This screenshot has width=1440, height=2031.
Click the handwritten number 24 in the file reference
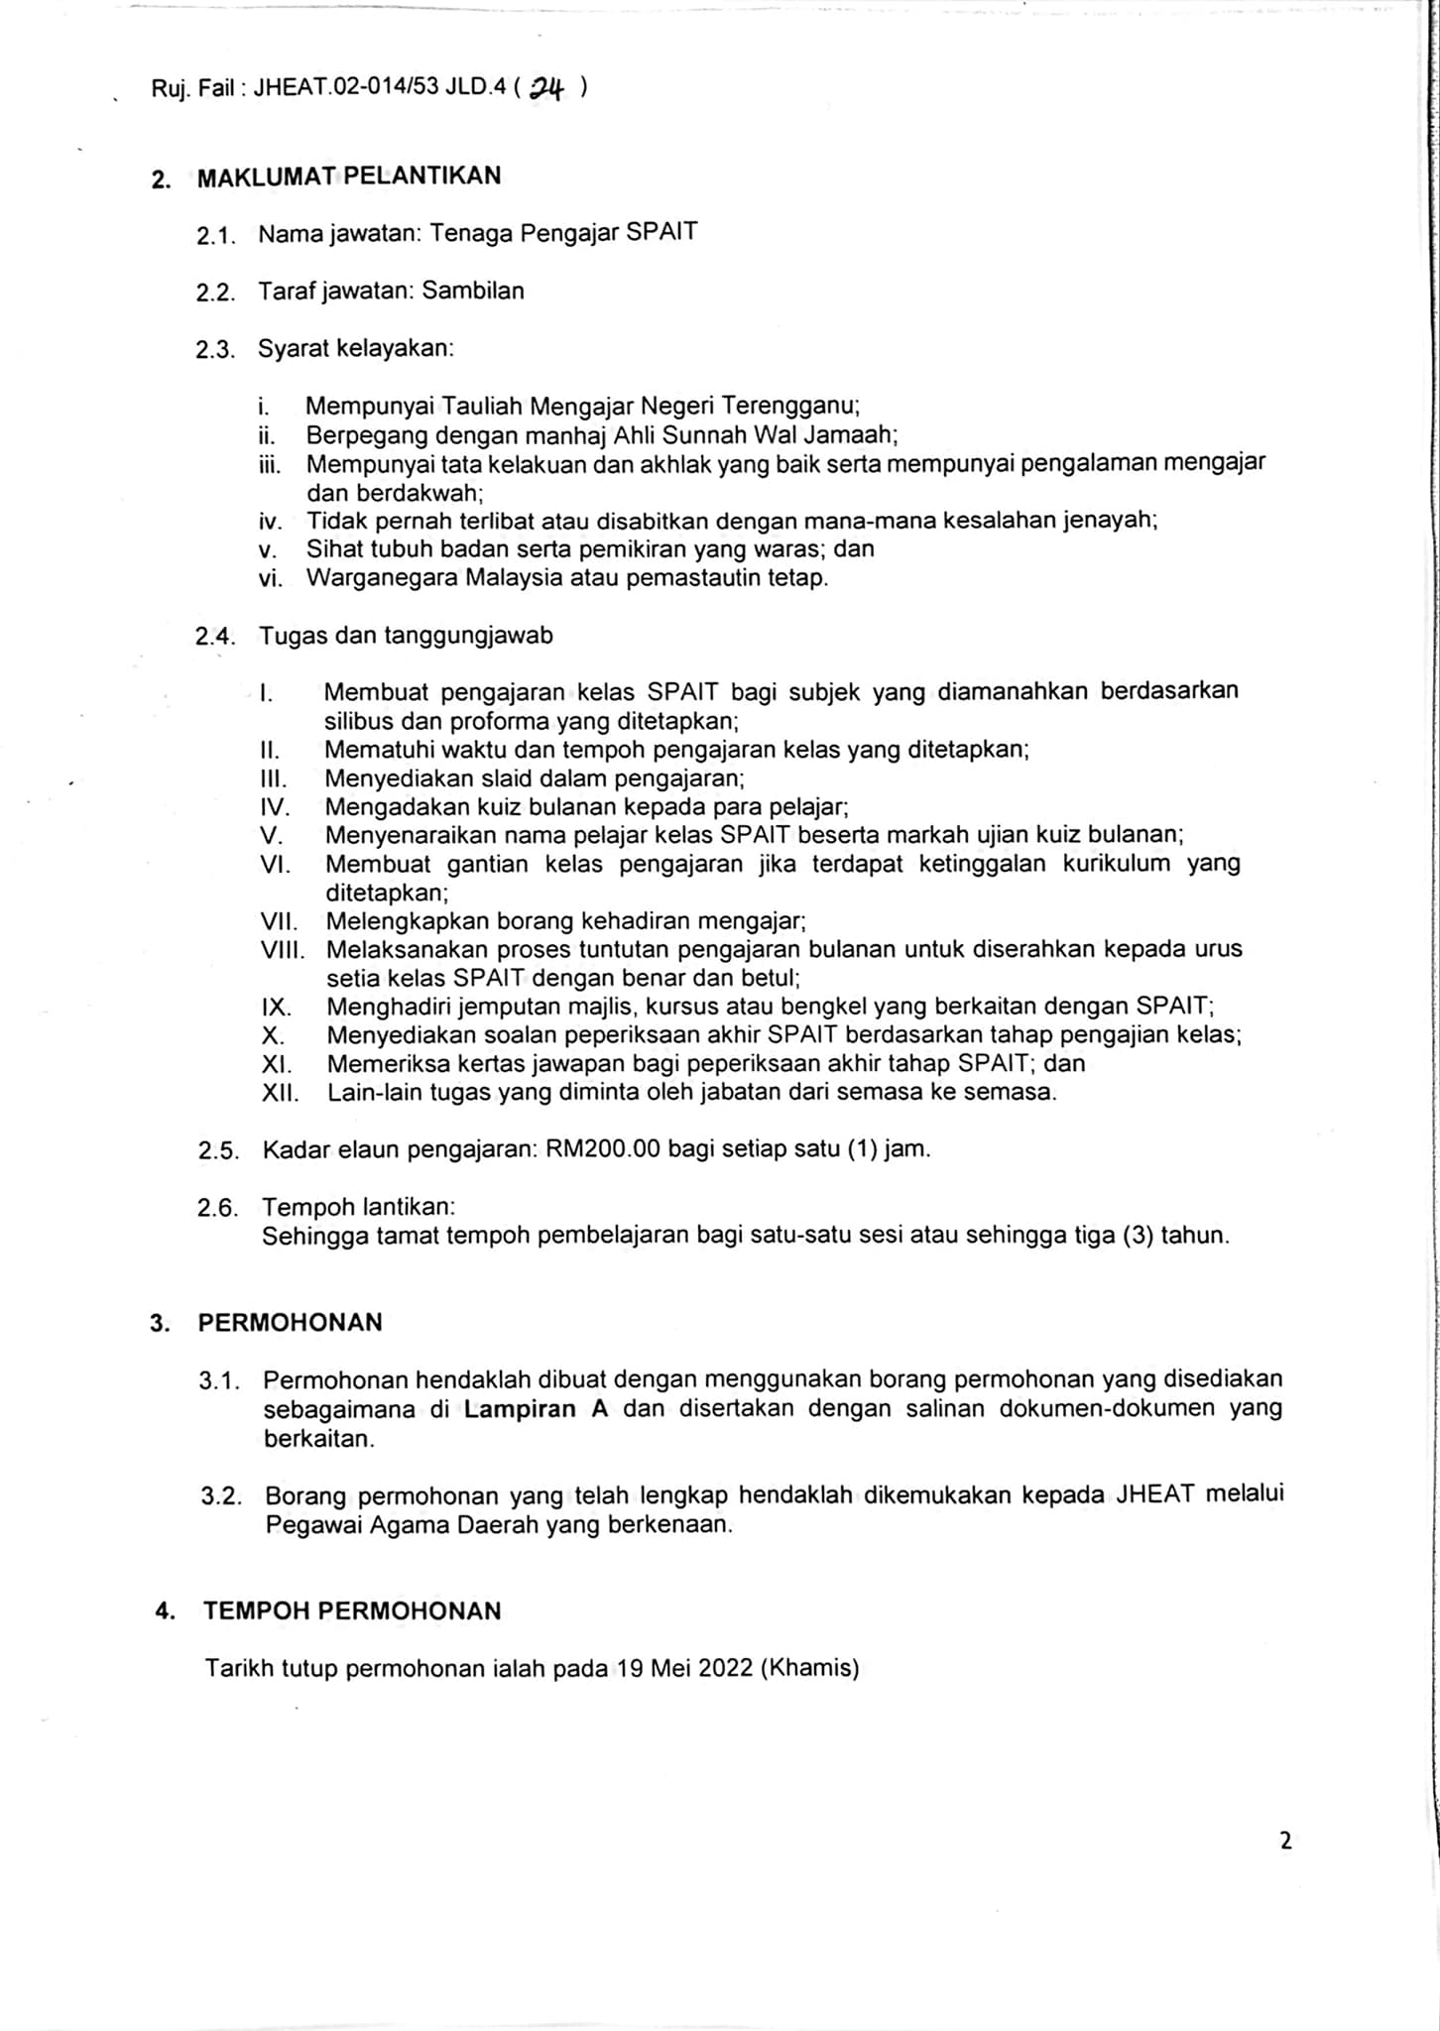[546, 89]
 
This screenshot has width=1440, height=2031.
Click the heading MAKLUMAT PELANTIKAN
[349, 177]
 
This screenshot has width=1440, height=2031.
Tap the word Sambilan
[473, 292]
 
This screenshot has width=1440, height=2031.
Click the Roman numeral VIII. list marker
[284, 950]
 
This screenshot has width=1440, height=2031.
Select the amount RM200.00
[603, 1150]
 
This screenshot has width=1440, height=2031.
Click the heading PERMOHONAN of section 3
[291, 1323]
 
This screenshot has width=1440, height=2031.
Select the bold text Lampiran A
[536, 1409]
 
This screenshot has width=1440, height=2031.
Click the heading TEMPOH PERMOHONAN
[352, 1612]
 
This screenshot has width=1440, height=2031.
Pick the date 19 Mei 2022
[684, 1669]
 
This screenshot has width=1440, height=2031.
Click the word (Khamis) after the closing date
[809, 1669]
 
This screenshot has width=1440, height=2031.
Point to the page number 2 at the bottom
[1286, 1843]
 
